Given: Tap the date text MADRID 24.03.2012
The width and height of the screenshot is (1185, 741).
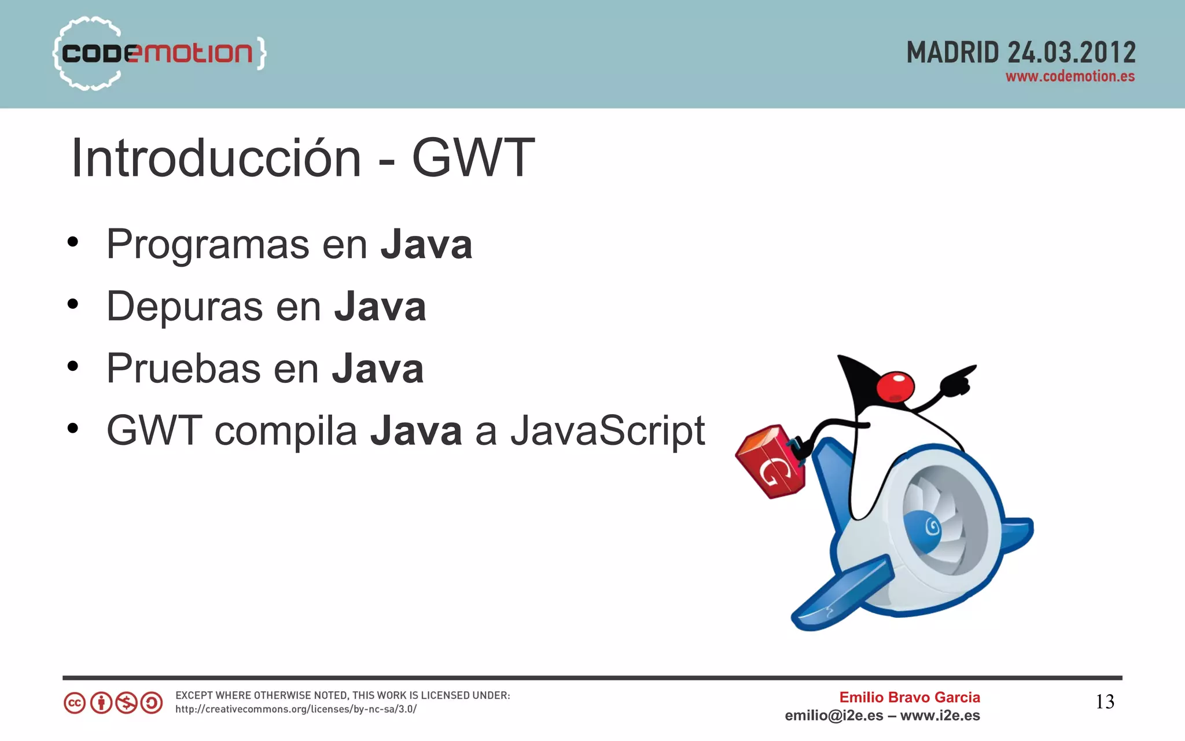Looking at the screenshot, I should point(1021,53).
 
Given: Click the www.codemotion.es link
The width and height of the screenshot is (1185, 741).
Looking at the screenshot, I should point(1070,77).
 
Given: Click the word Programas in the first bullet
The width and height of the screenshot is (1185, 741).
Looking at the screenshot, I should point(208,245).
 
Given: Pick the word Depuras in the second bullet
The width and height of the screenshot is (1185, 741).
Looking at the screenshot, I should point(185,307).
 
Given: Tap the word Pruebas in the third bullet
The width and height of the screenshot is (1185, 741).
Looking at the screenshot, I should point(183,368).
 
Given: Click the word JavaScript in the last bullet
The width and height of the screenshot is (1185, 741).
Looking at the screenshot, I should point(608,432).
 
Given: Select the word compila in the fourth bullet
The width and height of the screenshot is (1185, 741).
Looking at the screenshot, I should point(286,432).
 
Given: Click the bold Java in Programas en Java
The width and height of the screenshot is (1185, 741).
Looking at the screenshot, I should point(426,245).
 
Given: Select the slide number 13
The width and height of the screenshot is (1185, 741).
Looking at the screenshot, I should point(1105,702).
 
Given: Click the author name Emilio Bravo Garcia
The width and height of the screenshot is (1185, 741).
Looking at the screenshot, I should point(910,698).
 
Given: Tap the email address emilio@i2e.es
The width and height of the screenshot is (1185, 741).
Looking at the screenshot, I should point(834,716).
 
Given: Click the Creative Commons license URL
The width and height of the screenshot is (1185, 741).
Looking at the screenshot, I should point(296,709).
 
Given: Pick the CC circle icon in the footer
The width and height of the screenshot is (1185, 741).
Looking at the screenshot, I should point(75,703).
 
